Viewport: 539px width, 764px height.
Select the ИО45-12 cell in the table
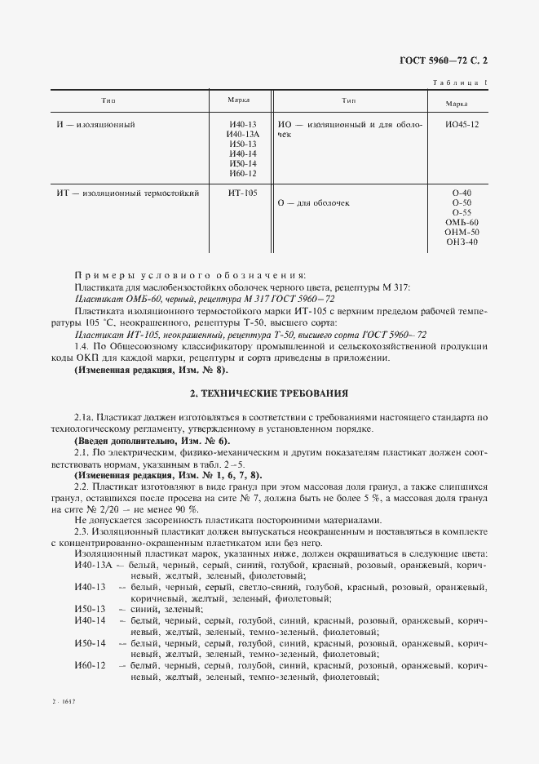[x=462, y=125]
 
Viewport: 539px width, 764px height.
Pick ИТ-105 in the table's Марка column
[x=243, y=193]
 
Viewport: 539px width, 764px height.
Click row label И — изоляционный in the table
[x=95, y=125]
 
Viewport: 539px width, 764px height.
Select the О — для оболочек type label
[x=314, y=202]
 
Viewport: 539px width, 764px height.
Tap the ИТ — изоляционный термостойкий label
[x=128, y=193]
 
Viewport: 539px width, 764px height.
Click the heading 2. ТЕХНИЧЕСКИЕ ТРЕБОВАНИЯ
[x=269, y=393]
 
